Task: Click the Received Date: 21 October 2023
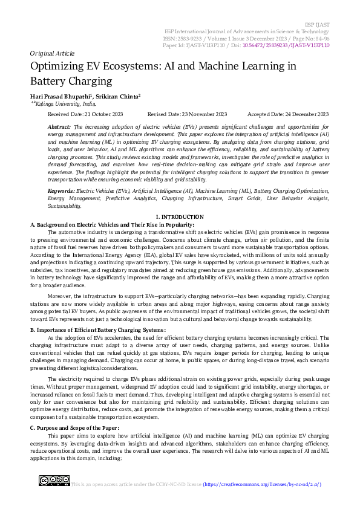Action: coord(85,114)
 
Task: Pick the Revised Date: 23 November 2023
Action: coord(187,114)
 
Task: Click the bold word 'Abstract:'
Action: coord(59,126)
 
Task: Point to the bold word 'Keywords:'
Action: coord(61,190)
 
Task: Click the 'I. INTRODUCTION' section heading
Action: coord(180,216)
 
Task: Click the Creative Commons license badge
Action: coord(54,481)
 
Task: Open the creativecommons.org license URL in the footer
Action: coord(262,484)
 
